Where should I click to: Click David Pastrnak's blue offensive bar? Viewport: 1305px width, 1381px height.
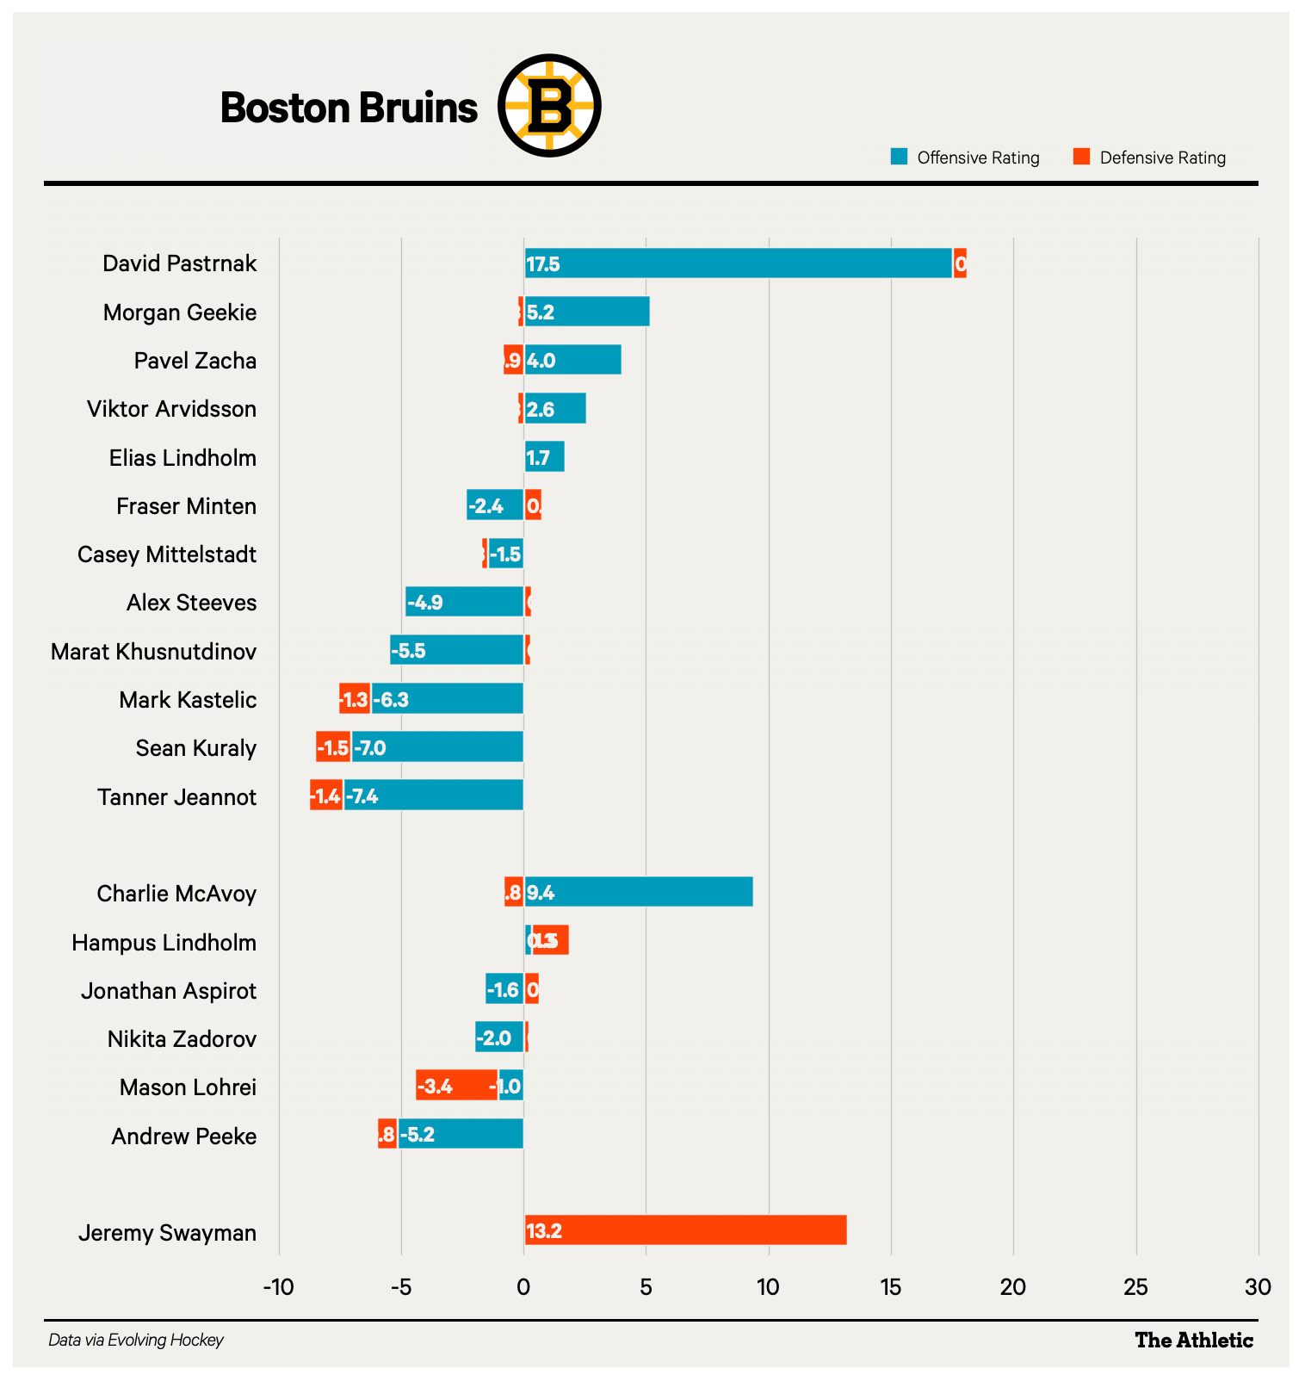[x=738, y=263]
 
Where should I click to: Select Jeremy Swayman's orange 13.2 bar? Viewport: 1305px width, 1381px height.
[x=685, y=1230]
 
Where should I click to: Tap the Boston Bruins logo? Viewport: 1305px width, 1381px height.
[x=549, y=106]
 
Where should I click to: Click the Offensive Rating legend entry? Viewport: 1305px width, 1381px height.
[x=966, y=158]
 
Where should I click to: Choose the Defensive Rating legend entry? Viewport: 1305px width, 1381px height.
[x=1150, y=158]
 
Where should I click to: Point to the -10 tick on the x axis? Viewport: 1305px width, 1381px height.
[x=278, y=1288]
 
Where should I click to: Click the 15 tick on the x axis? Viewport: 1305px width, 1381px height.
[x=890, y=1288]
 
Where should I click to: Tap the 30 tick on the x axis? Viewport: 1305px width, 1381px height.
[x=1258, y=1288]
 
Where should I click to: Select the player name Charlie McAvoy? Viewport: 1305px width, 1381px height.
[x=176, y=894]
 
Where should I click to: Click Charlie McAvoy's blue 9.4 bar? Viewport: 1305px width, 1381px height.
[x=639, y=892]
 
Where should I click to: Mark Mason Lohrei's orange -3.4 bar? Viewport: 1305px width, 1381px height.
[x=456, y=1085]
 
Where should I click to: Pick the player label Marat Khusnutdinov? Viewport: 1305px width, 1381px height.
[x=153, y=652]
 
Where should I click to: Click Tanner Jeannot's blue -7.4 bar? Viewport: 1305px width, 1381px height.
[x=433, y=795]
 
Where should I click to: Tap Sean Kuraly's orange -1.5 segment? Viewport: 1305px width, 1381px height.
[x=333, y=746]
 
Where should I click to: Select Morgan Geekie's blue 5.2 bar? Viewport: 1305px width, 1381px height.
[x=587, y=312]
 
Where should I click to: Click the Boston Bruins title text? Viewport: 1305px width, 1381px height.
[x=349, y=108]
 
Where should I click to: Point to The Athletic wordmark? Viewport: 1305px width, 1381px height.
[x=1193, y=1341]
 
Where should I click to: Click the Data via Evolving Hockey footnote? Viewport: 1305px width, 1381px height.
[x=136, y=1341]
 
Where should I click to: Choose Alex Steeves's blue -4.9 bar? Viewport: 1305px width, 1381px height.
[x=464, y=602]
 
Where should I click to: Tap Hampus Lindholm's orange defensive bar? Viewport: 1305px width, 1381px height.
[x=551, y=940]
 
